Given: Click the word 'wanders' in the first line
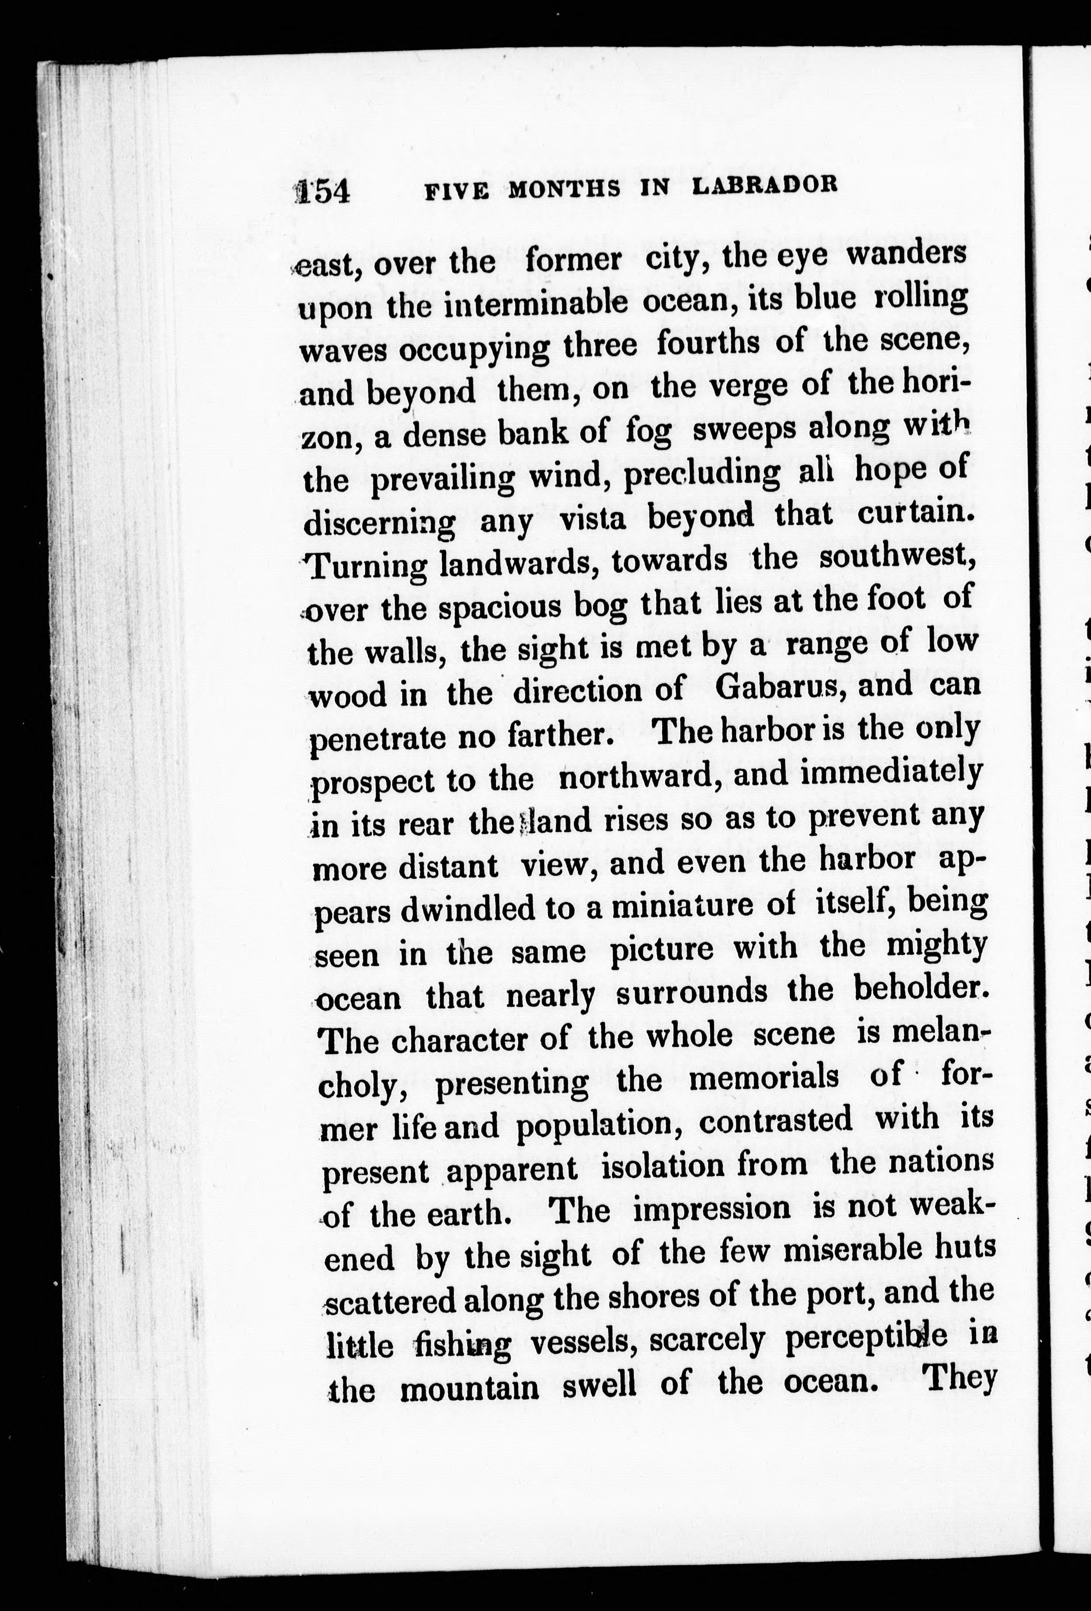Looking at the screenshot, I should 907,253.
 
